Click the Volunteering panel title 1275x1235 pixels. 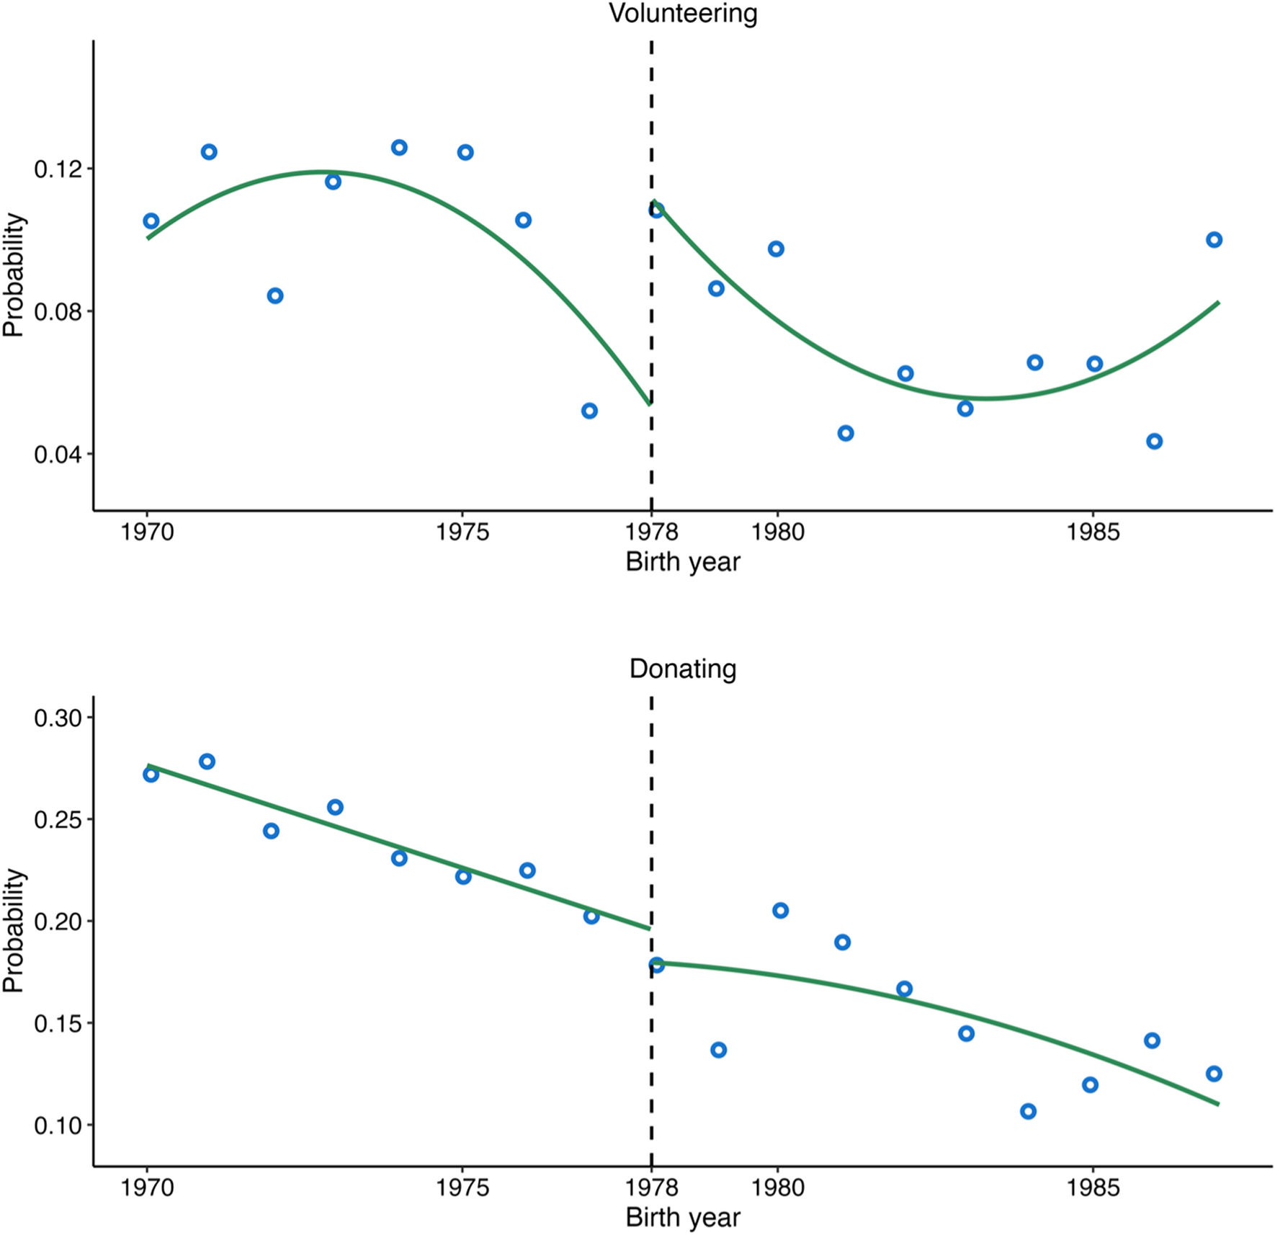pyautogui.click(x=683, y=13)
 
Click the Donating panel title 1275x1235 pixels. pyautogui.click(x=683, y=669)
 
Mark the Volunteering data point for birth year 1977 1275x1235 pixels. pyautogui.click(x=589, y=411)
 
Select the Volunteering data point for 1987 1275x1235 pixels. pyautogui.click(x=1214, y=240)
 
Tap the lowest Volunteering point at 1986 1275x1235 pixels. pyautogui.click(x=1154, y=441)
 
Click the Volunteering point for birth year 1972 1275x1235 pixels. pyautogui.click(x=274, y=295)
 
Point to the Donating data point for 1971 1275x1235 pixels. pyautogui.click(x=207, y=762)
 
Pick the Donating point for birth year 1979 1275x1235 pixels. pyautogui.click(x=718, y=1050)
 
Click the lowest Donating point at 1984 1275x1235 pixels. pyautogui.click(x=1028, y=1111)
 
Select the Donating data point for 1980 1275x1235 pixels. pyautogui.click(x=780, y=911)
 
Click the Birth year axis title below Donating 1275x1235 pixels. pyautogui.click(x=683, y=1217)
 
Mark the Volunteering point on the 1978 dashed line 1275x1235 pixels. pyautogui.click(x=656, y=210)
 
